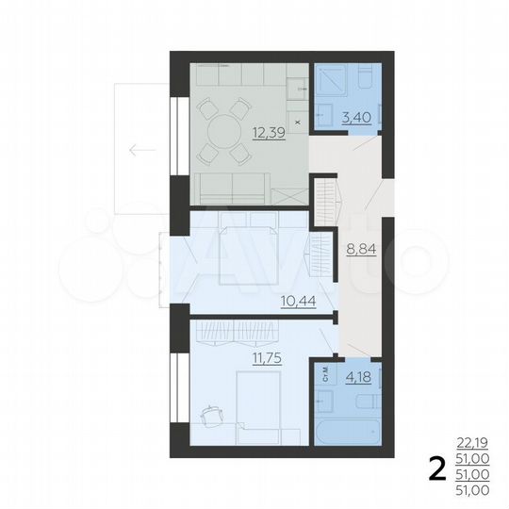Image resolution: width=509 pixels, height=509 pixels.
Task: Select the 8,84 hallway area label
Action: tap(359, 250)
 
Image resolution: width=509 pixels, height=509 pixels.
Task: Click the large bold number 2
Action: tap(436, 468)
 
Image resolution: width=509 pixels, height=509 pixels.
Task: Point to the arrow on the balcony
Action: tap(143, 149)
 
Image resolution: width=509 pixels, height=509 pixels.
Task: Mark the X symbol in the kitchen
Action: tap(298, 122)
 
